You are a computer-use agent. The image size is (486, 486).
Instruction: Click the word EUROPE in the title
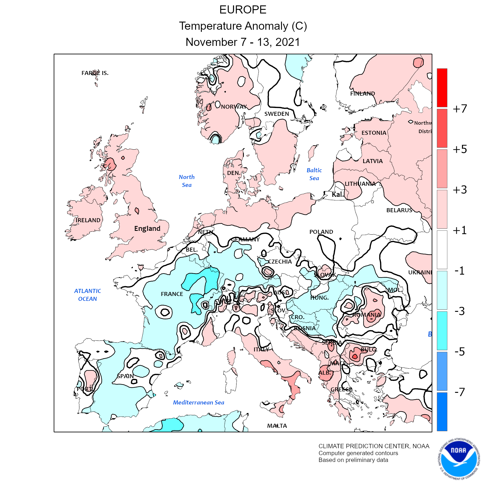click(x=243, y=10)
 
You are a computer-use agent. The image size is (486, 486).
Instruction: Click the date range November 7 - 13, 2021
click(x=243, y=42)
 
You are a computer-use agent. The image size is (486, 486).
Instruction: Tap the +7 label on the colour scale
click(x=460, y=109)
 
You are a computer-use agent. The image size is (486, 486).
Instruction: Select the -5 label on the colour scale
click(x=460, y=352)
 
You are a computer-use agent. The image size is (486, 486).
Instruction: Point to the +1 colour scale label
click(x=460, y=230)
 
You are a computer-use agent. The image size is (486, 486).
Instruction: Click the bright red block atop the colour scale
click(x=442, y=88)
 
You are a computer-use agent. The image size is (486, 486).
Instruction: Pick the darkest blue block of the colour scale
click(x=442, y=411)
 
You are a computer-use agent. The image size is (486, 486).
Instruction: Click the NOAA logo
click(x=459, y=459)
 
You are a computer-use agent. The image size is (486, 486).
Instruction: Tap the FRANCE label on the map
click(x=172, y=294)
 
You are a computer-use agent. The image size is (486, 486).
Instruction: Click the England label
click(x=147, y=229)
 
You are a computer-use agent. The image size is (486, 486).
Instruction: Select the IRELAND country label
click(x=88, y=220)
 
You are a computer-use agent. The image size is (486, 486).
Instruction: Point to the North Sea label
click(x=187, y=181)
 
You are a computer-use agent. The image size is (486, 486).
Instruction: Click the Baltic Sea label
click(x=314, y=174)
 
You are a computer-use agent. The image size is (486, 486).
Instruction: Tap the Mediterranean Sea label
click(x=198, y=403)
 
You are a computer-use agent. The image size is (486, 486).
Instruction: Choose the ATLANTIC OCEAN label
click(x=87, y=295)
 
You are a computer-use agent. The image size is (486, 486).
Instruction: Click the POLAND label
click(x=321, y=232)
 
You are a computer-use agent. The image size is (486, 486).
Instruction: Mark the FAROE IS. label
click(x=95, y=73)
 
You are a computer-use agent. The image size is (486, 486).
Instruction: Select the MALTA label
click(x=277, y=426)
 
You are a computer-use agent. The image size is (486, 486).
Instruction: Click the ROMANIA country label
click(x=366, y=315)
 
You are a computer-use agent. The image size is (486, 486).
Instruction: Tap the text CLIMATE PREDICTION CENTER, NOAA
click(x=374, y=446)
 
